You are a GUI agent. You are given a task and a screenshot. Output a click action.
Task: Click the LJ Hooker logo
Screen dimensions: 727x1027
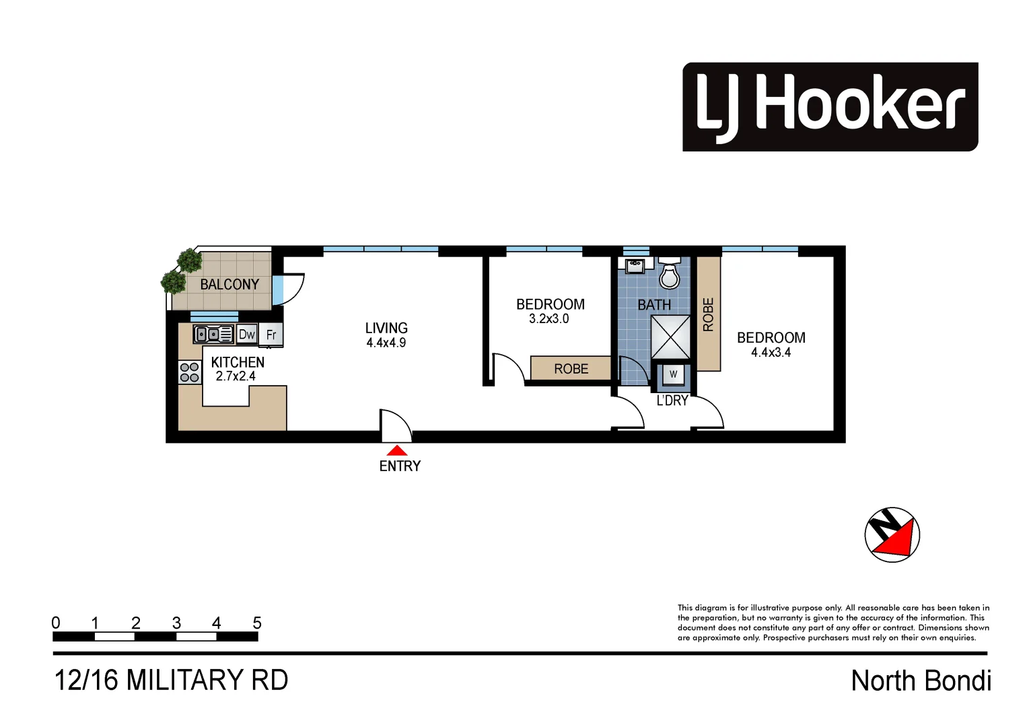(x=830, y=107)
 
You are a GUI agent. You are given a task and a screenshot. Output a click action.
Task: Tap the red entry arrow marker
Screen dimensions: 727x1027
(x=397, y=450)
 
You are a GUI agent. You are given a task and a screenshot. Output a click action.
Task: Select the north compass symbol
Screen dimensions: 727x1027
(x=892, y=534)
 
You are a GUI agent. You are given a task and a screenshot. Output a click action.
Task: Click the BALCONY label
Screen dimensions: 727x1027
(x=229, y=285)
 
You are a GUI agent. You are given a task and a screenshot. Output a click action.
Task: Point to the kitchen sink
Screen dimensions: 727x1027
(x=213, y=334)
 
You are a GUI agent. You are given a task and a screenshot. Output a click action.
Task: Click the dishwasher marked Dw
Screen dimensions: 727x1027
(x=246, y=335)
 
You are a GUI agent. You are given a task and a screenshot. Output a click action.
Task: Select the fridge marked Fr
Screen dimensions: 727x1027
(x=271, y=335)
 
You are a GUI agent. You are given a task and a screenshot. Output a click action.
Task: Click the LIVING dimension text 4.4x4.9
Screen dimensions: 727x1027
(x=386, y=343)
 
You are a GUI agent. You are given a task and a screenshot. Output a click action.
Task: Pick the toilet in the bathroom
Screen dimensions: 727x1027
(x=669, y=273)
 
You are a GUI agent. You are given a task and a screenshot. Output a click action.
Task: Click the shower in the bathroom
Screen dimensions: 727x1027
(x=670, y=337)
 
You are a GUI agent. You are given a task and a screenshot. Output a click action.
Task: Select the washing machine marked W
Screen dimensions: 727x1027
(x=673, y=375)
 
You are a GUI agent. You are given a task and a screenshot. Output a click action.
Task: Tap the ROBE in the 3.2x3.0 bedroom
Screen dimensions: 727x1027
(x=571, y=369)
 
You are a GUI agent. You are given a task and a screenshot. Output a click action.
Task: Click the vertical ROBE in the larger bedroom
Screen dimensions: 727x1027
(x=708, y=314)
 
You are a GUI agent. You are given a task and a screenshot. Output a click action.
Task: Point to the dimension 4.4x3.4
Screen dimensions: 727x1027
(x=771, y=352)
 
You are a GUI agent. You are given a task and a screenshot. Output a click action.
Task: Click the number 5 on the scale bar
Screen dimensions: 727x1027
(x=256, y=623)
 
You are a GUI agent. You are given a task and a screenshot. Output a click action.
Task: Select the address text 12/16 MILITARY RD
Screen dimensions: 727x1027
(x=171, y=680)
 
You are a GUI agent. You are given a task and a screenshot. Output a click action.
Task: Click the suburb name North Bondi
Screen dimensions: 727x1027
(x=921, y=681)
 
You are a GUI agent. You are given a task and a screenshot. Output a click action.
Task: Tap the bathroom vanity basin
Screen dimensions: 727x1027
(x=635, y=266)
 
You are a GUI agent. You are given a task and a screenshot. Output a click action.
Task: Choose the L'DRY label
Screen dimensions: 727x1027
(x=672, y=401)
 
